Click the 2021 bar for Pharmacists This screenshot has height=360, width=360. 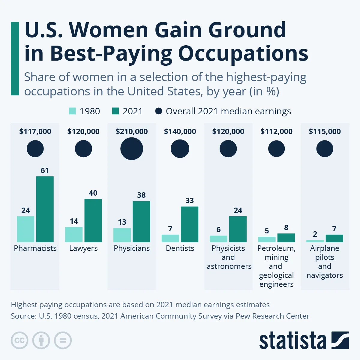pos(45,209)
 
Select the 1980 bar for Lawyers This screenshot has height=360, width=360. pos(74,235)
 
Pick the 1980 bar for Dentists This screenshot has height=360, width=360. pos(170,238)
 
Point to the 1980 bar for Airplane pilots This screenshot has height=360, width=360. pos(315,241)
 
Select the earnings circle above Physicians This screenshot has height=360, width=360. pos(132,149)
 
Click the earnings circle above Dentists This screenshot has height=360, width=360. pos(180,149)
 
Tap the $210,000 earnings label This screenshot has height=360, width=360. pos(132,131)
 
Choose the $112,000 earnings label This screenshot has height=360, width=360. pos(276,131)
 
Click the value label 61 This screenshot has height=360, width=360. pos(45,170)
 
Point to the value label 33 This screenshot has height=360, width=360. pos(190,200)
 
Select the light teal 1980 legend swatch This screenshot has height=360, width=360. pos(72,111)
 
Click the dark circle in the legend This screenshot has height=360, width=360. pos(159,111)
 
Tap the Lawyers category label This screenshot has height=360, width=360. pos(83,248)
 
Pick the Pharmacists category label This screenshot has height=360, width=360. pos(35,248)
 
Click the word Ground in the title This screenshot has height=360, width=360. pos(247,30)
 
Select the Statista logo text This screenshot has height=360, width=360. pos(292,341)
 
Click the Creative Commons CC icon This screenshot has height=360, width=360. pos(19,340)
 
